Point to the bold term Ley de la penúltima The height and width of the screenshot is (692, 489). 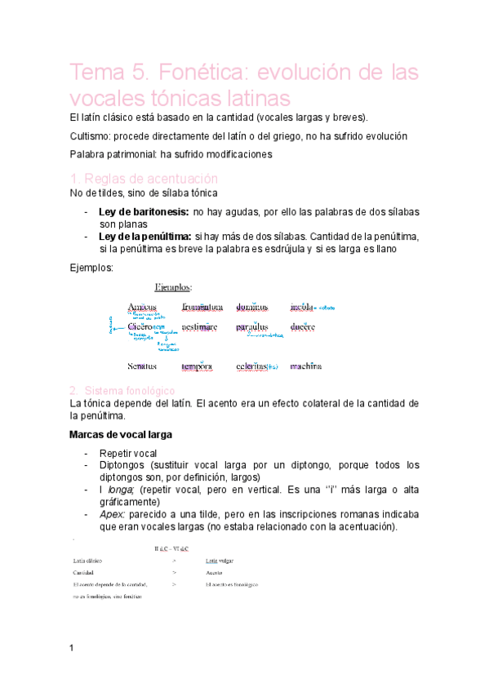pyautogui.click(x=144, y=236)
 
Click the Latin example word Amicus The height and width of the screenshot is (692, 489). pyautogui.click(x=142, y=307)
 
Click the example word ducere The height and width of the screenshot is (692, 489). pyautogui.click(x=305, y=326)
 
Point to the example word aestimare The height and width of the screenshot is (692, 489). pyautogui.click(x=200, y=326)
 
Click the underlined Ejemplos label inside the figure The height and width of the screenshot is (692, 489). pyautogui.click(x=174, y=287)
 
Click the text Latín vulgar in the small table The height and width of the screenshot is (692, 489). pyautogui.click(x=220, y=561)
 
